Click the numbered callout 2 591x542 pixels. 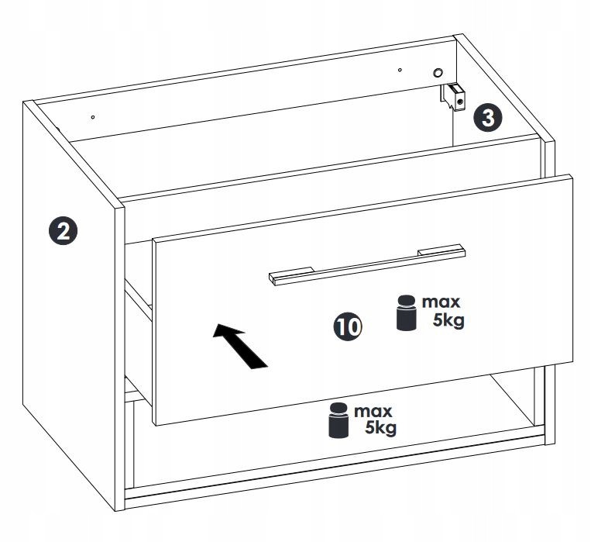point(63,230)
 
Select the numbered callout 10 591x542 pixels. point(348,327)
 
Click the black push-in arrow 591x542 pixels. point(240,345)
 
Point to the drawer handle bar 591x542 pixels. point(367,265)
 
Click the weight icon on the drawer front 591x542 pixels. point(407,313)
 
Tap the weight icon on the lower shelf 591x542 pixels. point(338,420)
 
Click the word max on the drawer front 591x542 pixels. point(441,302)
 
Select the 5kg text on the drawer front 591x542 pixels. point(448,321)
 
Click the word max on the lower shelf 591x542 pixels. point(373,411)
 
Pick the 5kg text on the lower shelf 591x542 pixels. point(380,429)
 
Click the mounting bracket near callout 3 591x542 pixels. point(452,97)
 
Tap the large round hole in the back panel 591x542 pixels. point(438,72)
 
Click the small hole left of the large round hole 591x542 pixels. point(400,70)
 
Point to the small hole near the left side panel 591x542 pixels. point(93,117)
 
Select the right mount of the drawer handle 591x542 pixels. point(441,250)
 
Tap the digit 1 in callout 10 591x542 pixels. point(341,327)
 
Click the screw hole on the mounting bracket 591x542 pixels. point(460,102)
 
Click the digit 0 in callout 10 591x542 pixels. point(352,327)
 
